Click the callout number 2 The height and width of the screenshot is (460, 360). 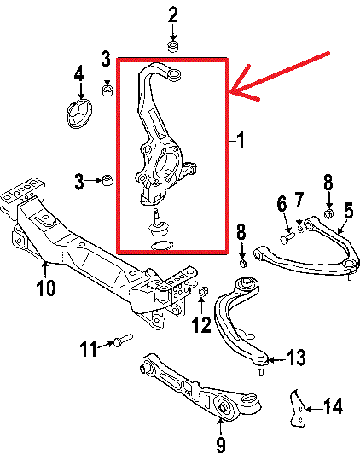[173, 15]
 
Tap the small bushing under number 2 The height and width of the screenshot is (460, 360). [173, 47]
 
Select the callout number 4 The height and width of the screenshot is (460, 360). [78, 73]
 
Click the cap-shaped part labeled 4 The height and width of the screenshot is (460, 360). [79, 114]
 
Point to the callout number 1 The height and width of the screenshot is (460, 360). [240, 140]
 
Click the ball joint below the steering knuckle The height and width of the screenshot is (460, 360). [159, 224]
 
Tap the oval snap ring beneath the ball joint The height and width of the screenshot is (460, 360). [162, 245]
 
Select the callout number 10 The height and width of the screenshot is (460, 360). [46, 288]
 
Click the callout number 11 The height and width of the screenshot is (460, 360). [89, 348]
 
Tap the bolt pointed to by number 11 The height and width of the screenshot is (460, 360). [123, 341]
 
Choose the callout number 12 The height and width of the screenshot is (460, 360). [201, 325]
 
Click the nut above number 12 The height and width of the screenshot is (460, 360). [203, 292]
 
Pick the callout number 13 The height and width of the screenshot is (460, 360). [296, 358]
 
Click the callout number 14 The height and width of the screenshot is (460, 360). [333, 406]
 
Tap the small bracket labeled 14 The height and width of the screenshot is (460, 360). [298, 408]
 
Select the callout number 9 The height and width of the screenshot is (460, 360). [220, 445]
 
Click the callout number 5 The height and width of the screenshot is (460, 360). [349, 212]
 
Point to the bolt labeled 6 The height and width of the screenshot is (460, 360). [287, 237]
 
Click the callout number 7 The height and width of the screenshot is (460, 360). [299, 200]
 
